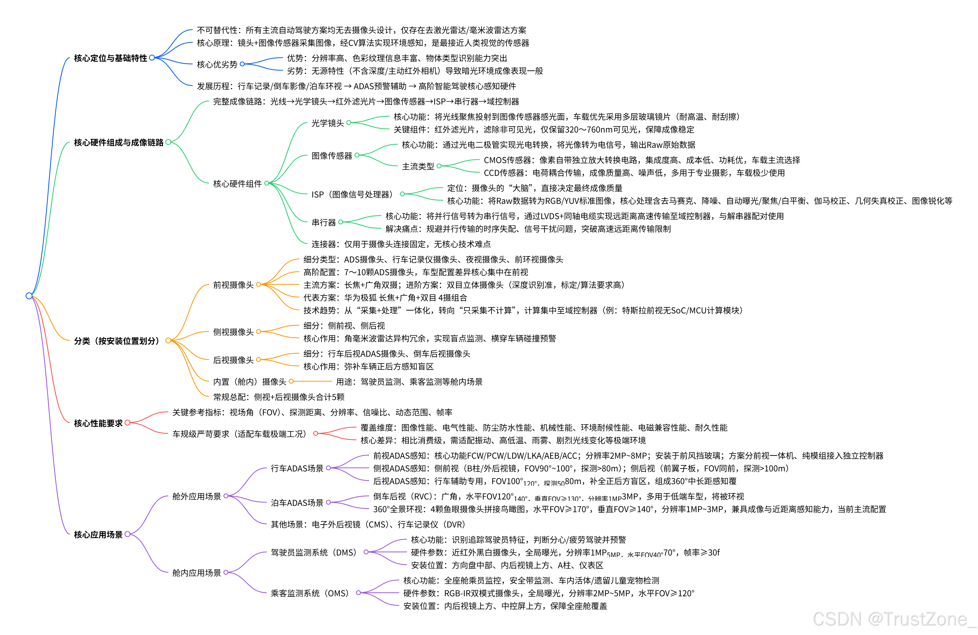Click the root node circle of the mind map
pos(29,296)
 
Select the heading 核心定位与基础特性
pos(110,58)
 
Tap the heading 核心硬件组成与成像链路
pos(118,142)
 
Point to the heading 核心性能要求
pos(98,423)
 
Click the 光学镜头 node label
pos(328,123)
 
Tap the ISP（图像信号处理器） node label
pos(352,194)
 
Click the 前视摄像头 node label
pos(233,285)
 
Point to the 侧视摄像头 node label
pos(233,332)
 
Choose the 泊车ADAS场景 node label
pos(297,502)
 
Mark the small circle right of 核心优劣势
pos(242,64)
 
